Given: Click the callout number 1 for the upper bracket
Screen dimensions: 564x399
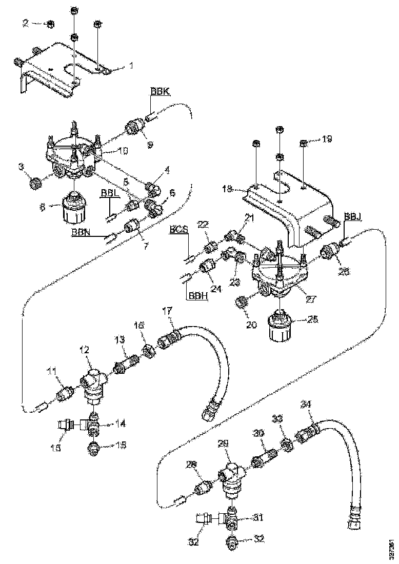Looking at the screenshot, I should coord(131,66).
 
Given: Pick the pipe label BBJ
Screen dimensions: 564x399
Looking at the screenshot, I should coord(353,217).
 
